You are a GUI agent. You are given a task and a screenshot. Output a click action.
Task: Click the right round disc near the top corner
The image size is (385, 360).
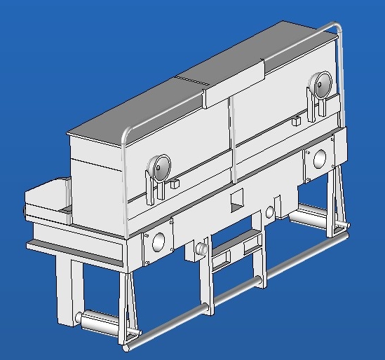coord(323,85)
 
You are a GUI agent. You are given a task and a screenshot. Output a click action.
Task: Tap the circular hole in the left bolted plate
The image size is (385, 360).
coord(158,240)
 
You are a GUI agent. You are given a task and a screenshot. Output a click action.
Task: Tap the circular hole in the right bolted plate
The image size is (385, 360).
coord(320,158)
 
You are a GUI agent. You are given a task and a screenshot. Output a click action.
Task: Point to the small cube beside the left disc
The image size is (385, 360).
coord(175,185)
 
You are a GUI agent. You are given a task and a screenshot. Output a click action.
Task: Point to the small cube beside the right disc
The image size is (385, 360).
coord(296,121)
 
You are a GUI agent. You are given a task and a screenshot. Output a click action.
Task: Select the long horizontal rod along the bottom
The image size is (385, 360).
coord(238,293)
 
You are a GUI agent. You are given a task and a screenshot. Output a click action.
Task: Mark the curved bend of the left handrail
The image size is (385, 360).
coord(126,133)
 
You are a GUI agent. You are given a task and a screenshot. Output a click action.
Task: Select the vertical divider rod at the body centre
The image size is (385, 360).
coord(231,140)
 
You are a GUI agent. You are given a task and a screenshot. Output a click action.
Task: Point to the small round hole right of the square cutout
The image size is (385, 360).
coord(270,212)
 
